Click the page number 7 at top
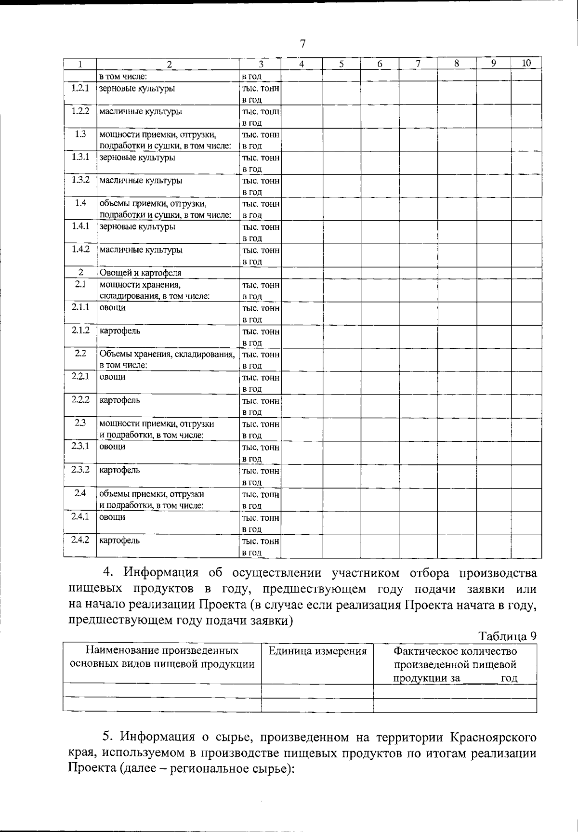point(302,44)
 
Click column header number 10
point(526,63)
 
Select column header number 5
point(341,64)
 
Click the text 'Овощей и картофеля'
point(140,273)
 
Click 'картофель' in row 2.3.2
point(119,470)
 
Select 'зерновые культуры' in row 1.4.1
point(137,227)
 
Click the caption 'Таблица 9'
point(508,636)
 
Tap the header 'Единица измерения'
point(317,651)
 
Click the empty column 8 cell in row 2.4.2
point(457,546)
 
